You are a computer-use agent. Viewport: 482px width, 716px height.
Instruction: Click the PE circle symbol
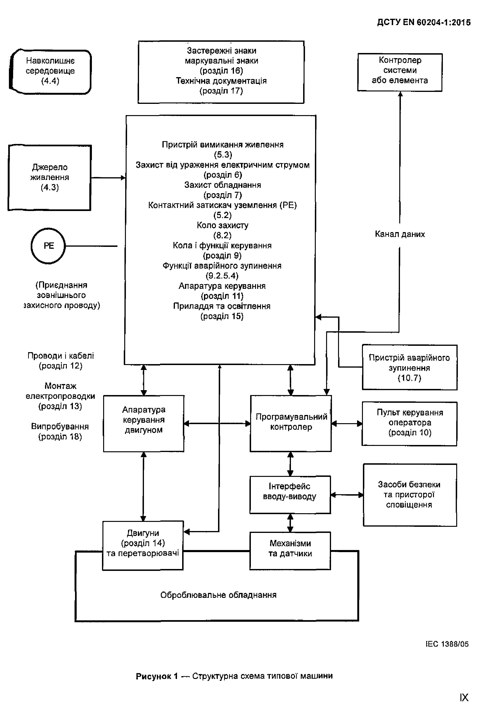coord(48,246)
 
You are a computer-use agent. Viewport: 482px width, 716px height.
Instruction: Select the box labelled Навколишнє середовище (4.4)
coord(50,71)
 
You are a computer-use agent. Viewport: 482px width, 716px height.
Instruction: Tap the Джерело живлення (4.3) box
coord(49,177)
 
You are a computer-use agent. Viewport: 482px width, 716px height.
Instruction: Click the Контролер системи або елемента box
coord(400,72)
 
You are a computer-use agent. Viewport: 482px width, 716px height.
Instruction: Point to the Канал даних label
coord(400,234)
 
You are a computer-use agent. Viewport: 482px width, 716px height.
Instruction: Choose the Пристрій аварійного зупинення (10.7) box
coord(410,367)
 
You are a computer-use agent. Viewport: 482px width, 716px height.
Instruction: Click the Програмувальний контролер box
coord(291,423)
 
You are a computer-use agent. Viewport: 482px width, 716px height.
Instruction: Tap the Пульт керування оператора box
coord(410,423)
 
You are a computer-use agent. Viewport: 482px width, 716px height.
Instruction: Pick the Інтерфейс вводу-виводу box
coord(290,494)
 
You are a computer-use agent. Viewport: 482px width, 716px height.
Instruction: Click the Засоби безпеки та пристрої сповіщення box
coord(410,495)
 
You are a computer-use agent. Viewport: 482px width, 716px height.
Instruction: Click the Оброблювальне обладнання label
coord(218,595)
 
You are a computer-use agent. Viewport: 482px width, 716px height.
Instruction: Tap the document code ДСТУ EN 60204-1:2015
coord(424,22)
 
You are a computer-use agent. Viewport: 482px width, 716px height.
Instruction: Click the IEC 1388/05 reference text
coord(447,644)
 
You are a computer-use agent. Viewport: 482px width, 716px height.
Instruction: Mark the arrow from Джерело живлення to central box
coord(108,178)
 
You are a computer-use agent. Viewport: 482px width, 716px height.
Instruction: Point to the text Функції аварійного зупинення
coord(222,266)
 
